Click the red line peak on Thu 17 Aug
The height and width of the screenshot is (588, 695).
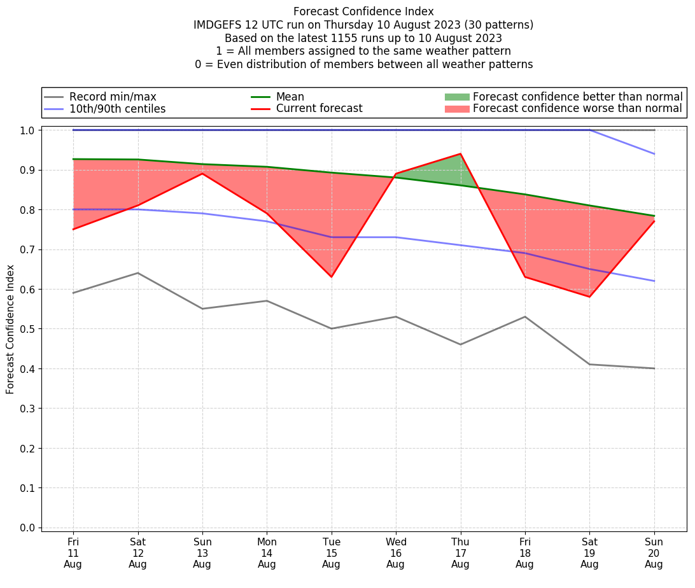(460, 154)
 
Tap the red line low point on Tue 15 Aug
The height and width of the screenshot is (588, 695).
(331, 277)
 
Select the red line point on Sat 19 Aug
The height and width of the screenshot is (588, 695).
(589, 297)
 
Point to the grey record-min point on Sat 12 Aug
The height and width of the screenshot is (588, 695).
(137, 273)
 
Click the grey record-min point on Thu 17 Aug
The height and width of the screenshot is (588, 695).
(460, 344)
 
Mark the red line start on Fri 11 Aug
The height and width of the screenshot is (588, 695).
(73, 229)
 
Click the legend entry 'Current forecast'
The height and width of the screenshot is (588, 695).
(319, 109)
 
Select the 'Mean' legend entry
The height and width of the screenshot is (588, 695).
(290, 97)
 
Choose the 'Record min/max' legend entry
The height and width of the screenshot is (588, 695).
(112, 97)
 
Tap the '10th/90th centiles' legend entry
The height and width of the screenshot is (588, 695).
(117, 109)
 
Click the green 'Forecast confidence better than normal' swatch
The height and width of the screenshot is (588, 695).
(456, 97)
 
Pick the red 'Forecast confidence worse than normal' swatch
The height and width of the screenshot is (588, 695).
(456, 109)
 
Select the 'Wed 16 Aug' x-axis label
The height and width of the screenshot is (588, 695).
(395, 553)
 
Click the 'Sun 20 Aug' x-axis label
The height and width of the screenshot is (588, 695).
(654, 553)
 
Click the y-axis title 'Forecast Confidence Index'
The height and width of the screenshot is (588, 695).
(10, 329)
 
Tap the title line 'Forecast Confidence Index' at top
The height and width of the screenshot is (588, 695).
(363, 11)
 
